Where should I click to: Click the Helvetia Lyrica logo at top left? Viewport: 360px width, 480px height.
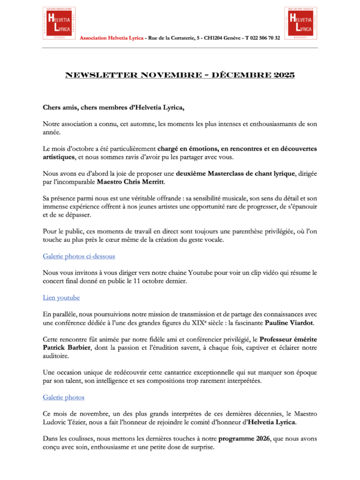point(59,23)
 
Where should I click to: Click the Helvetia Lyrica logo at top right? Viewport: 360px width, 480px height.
point(301,23)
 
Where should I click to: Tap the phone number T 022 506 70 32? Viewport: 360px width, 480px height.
point(262,38)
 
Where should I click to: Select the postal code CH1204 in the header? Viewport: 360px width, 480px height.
point(216,38)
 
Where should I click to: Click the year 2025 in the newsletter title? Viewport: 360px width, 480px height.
point(281,76)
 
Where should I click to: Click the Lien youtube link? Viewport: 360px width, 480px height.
point(61,298)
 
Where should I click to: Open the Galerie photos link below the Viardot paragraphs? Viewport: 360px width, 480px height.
point(64,397)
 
